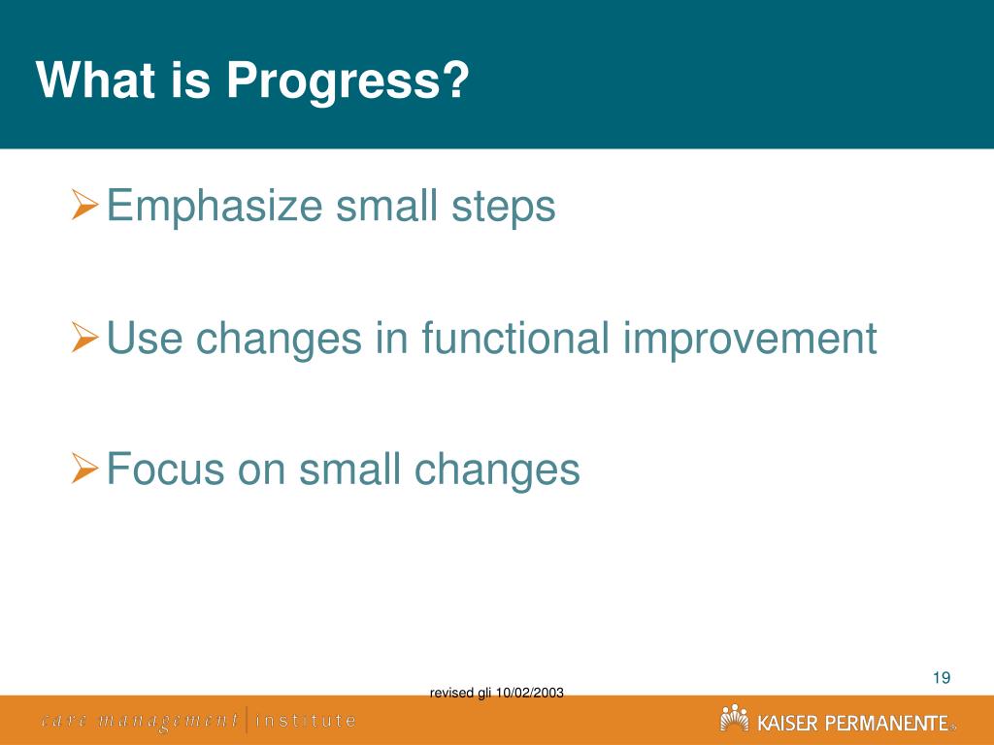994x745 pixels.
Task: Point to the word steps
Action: pos(504,208)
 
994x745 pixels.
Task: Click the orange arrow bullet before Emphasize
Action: pos(85,204)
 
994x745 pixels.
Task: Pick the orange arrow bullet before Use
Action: pos(85,337)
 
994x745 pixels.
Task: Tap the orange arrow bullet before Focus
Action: pos(85,468)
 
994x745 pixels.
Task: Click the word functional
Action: pos(515,338)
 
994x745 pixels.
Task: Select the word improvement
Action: pos(750,339)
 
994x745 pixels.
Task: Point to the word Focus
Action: pos(165,469)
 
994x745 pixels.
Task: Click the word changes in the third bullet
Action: pos(497,470)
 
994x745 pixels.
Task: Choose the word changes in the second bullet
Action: pos(279,339)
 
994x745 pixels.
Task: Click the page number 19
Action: pos(942,678)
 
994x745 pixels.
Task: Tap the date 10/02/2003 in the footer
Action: pos(529,693)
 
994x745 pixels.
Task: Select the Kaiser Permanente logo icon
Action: pos(734,718)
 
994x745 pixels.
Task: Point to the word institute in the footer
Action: pos(306,721)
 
